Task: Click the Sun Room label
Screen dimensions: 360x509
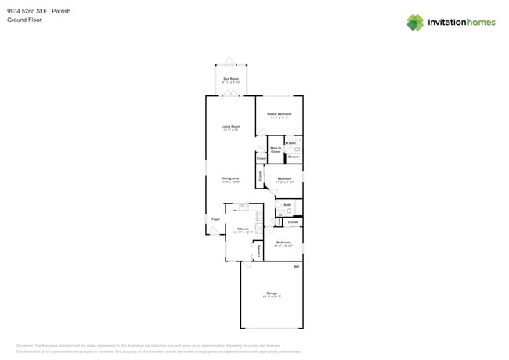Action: point(230,79)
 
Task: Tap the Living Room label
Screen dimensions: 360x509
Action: point(230,126)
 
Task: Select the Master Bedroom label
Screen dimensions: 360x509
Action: point(279,114)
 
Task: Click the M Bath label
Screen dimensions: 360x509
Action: point(291,143)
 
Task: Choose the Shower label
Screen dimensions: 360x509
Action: point(294,157)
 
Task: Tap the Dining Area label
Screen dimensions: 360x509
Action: point(230,178)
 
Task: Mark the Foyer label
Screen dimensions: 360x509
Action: point(215,219)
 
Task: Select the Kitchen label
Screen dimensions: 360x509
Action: point(243,229)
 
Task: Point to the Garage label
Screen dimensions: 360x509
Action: point(272,293)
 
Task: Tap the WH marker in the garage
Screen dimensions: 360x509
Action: point(297,267)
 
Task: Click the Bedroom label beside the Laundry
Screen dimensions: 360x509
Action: point(283,243)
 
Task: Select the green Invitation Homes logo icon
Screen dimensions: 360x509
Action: point(415,22)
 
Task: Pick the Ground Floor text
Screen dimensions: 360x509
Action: point(24,20)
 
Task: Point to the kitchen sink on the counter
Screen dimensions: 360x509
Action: point(244,207)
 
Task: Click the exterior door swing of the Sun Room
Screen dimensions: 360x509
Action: point(230,61)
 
